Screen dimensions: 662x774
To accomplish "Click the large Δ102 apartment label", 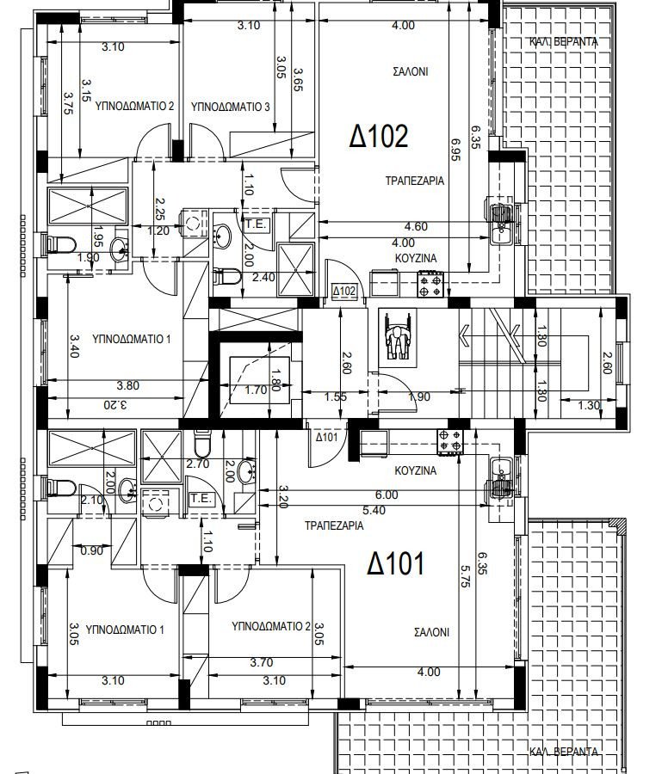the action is pyautogui.click(x=379, y=136).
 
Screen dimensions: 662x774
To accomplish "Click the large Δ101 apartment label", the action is pyautogui.click(x=395, y=563).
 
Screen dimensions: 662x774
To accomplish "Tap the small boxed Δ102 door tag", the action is pyautogui.click(x=343, y=292).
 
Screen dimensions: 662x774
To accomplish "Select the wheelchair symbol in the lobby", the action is pyautogui.click(x=397, y=338).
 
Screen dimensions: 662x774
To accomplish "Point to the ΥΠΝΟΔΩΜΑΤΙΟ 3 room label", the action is pyautogui.click(x=230, y=107).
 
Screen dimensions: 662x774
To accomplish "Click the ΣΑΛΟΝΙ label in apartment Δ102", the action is pyautogui.click(x=410, y=71).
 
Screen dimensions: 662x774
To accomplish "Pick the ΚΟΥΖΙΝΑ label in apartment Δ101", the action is pyautogui.click(x=416, y=471).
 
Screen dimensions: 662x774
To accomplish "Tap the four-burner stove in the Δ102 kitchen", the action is pyautogui.click(x=430, y=285).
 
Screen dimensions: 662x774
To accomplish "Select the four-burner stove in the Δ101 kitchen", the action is pyautogui.click(x=450, y=441).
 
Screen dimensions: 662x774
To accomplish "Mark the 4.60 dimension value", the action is pyautogui.click(x=416, y=226).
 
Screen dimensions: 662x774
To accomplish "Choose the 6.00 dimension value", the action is pyautogui.click(x=387, y=494).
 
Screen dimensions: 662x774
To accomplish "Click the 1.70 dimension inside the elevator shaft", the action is pyautogui.click(x=256, y=390).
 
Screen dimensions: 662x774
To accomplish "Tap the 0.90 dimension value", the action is pyautogui.click(x=91, y=550).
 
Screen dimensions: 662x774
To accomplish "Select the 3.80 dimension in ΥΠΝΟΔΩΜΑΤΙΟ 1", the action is pyautogui.click(x=128, y=385).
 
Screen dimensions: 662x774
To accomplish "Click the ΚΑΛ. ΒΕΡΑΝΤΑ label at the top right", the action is pyautogui.click(x=564, y=42).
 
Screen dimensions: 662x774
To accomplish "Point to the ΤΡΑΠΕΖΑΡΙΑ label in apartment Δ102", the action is pyautogui.click(x=415, y=181).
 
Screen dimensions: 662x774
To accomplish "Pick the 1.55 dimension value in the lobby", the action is pyautogui.click(x=336, y=396).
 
